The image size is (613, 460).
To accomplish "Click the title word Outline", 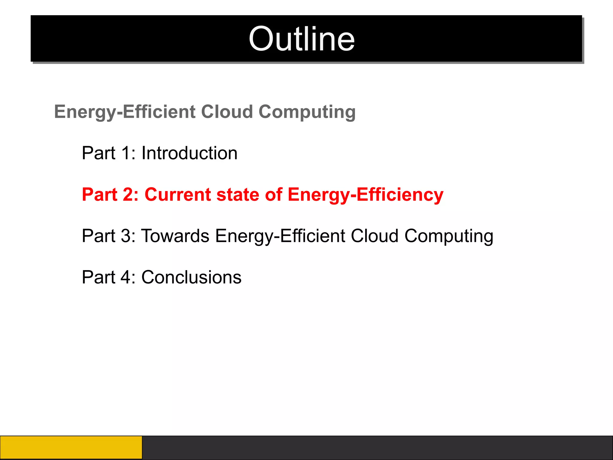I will [302, 39].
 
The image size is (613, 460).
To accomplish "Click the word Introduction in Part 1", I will [189, 153].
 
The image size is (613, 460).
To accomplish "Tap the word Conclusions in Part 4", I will [191, 277].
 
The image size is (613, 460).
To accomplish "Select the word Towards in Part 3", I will [175, 236].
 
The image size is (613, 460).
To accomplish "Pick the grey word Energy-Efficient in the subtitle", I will [125, 112].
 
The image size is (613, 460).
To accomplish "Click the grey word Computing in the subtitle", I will [307, 112].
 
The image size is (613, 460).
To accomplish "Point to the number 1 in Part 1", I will [126, 153].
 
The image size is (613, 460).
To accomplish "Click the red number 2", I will [128, 195].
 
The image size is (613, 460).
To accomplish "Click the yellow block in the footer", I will [71, 447].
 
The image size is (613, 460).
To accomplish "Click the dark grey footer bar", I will [377, 447].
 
